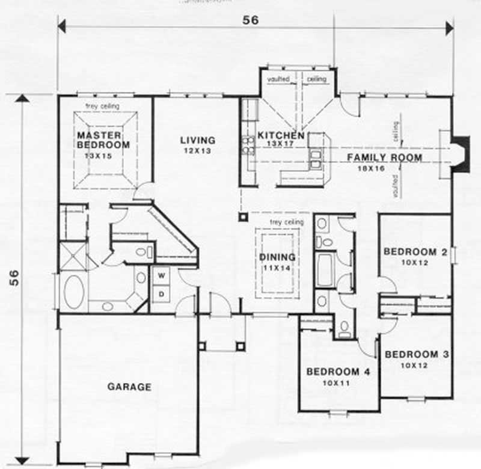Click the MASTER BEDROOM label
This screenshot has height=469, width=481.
103,140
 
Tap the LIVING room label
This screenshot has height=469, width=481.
197,140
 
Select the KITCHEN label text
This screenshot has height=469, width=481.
281,135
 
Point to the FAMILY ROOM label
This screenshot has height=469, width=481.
384,158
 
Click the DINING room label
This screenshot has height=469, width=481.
277,257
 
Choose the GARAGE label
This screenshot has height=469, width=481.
129,387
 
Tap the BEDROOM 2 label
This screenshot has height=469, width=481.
415,252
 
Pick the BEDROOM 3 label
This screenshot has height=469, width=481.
416,354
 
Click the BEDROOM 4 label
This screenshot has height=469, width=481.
338,372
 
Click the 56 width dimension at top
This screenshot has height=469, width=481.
250,20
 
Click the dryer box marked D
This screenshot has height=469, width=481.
161,293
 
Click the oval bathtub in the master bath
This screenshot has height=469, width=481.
75,292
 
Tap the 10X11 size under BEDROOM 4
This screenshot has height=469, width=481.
338,382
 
